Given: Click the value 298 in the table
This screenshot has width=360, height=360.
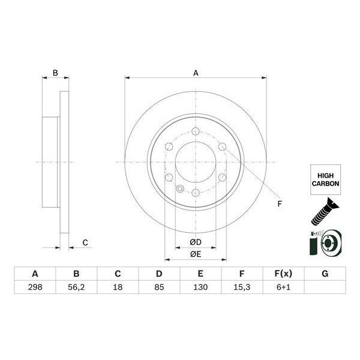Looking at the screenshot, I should coord(35,288).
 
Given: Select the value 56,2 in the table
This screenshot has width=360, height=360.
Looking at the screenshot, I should coord(76,288).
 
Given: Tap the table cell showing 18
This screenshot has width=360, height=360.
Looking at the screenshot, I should coord(118,288).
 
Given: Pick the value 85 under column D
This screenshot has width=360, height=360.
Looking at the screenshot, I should coord(159,288).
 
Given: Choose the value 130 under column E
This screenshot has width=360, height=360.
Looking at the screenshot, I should coord(200,288).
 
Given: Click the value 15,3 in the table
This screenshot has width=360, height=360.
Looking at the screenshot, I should coord(242,288).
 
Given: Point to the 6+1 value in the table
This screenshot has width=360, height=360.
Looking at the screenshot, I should coord(283,288).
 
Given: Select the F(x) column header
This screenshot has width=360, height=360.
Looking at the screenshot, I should coord(283,274).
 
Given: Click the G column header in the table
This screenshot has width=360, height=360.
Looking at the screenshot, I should coord(325,274).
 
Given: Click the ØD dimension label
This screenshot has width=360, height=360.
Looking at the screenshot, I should coord(195,242).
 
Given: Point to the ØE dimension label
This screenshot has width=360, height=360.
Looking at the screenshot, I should coord(195,254).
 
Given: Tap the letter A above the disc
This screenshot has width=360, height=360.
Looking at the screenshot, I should coord(196,73).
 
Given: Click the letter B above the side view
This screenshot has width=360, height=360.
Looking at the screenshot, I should coord(55,73).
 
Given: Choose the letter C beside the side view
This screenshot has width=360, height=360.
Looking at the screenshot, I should coord(85,242).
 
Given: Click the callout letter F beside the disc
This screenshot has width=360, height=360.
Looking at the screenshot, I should coord(279,204).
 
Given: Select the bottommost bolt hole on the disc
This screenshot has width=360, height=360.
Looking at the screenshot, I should coord(196,192).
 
